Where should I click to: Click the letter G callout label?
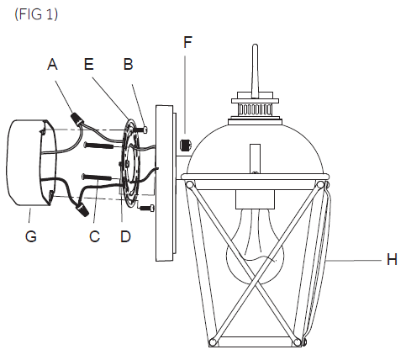coord(30,236)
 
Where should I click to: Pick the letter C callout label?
coord(94,236)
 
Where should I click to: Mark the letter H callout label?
coord(391,261)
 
